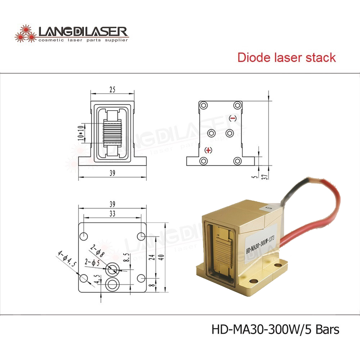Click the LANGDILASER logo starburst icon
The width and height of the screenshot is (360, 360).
26,33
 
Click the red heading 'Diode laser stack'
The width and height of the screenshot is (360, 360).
287,57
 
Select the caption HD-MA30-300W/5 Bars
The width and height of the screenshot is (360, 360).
275,329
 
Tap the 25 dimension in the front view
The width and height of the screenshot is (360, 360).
112,89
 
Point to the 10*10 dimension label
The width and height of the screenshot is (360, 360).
81,133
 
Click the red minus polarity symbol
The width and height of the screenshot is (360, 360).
233,118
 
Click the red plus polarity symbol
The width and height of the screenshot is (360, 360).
208,150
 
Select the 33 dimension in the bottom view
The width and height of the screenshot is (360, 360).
112,213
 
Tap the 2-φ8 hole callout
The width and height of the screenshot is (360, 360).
97,251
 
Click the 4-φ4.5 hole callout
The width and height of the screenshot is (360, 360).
67,258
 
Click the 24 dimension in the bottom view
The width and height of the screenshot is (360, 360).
152,257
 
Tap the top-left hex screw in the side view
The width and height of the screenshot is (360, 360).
203,105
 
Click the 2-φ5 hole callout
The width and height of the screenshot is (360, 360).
92,262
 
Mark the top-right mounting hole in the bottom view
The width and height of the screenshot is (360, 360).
141,236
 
